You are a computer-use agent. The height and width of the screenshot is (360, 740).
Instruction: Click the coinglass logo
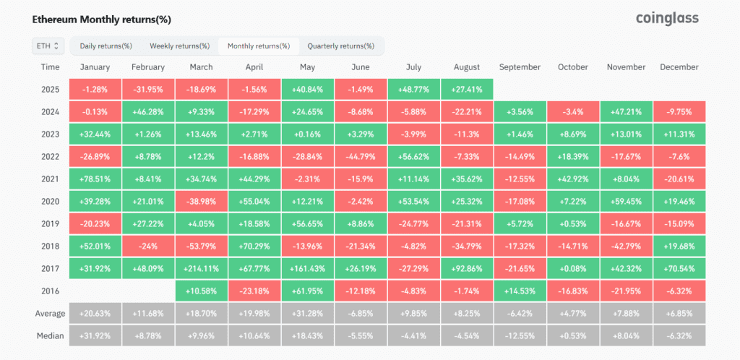coord(667,18)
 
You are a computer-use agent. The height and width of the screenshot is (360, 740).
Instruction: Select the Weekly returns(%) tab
coord(179,46)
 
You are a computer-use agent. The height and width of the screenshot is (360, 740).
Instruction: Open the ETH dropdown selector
coord(47,46)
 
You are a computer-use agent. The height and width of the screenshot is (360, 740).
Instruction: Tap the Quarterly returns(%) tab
coord(341,46)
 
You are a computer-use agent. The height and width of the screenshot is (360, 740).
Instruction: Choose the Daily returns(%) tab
coord(106,46)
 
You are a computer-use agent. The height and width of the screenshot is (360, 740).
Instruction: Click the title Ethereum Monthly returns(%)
coord(101,20)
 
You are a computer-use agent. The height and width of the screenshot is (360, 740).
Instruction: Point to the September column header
coord(519,67)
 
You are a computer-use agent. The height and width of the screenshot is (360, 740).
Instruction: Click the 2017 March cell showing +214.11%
coord(201,269)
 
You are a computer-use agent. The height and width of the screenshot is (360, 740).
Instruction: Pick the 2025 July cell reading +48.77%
coord(413,89)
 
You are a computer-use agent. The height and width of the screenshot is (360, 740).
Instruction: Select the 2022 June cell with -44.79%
coord(361,157)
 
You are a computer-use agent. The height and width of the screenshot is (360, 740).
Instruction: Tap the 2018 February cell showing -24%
coord(148,247)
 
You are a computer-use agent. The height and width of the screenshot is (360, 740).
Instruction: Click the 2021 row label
coord(50,179)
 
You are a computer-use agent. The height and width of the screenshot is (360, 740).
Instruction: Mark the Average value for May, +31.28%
coord(307,314)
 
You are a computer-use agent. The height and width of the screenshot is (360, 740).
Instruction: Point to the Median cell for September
coord(520,336)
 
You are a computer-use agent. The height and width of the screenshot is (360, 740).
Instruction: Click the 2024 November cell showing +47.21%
coord(626,112)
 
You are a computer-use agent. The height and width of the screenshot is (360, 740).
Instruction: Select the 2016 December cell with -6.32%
coord(679,291)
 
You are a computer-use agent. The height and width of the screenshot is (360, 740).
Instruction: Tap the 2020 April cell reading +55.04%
coord(254,202)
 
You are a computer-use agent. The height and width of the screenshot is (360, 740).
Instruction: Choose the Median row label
coord(50,336)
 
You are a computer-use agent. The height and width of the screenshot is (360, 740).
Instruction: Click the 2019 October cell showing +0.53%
coord(573,224)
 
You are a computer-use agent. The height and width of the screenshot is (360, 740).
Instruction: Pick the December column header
coord(679,67)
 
